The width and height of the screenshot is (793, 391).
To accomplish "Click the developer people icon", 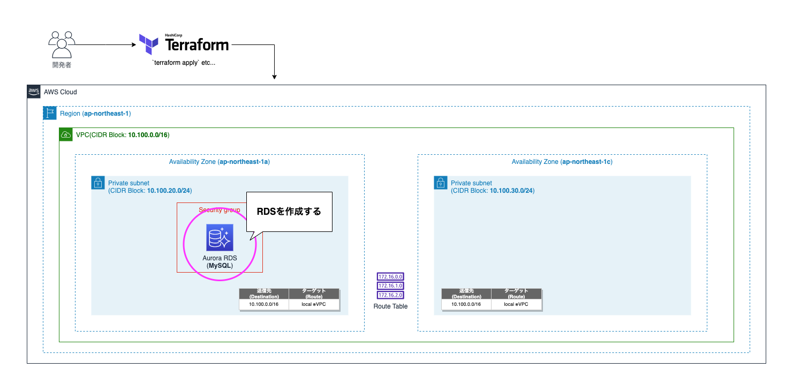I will click(x=62, y=44).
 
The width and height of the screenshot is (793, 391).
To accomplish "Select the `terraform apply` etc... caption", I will click(x=184, y=63).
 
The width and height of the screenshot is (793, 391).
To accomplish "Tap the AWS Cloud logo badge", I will click(x=34, y=92).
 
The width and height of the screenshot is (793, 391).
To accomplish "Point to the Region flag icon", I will click(x=50, y=113).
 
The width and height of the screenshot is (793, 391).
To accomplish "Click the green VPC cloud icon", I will click(x=66, y=134).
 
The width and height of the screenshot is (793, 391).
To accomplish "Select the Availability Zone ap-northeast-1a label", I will click(x=219, y=162).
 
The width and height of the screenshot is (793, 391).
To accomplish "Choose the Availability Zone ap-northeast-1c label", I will click(x=562, y=162).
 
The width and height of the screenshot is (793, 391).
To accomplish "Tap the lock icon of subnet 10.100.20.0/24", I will click(x=98, y=183).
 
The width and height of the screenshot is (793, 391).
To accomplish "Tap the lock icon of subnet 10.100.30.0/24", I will click(x=441, y=183).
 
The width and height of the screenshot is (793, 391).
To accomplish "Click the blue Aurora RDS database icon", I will click(x=220, y=238).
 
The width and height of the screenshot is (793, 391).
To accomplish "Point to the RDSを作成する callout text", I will click(x=289, y=212).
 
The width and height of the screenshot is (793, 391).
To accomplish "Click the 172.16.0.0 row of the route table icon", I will click(x=390, y=277).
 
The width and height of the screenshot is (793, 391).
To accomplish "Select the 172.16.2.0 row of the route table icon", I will click(x=390, y=295).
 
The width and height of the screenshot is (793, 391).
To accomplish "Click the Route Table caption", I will click(x=390, y=306).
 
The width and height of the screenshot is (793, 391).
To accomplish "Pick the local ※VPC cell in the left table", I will click(x=314, y=304).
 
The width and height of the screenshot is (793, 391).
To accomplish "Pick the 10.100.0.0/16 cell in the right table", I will click(x=466, y=304).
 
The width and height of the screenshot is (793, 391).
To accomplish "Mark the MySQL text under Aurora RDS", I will click(x=220, y=265).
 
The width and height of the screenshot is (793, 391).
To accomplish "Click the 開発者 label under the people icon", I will click(x=62, y=65).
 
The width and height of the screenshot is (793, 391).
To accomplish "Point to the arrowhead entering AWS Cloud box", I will click(x=274, y=77).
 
